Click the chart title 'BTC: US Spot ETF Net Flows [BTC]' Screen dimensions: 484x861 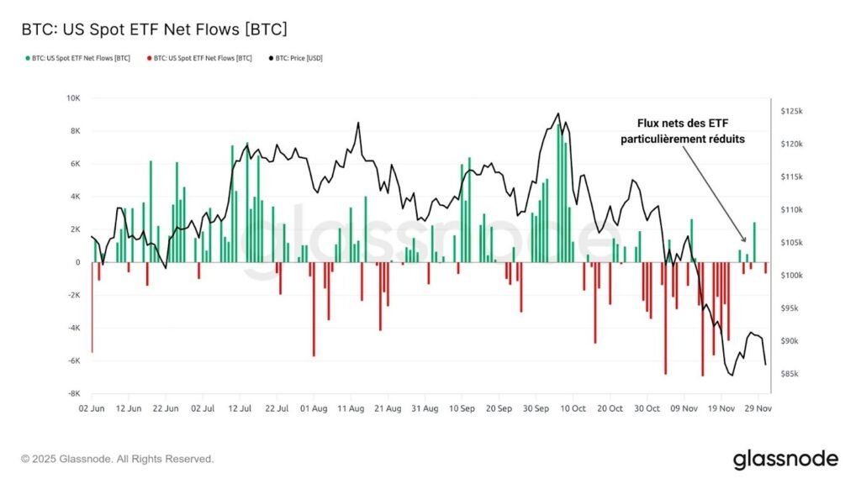(154, 30)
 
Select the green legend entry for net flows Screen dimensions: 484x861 (77, 59)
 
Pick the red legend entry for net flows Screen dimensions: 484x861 (198, 59)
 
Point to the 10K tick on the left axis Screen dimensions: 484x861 (73, 98)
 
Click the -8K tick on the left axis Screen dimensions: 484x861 (73, 393)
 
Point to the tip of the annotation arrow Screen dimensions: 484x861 (743, 242)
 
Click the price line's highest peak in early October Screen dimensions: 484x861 (557, 113)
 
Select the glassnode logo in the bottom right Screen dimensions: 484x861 (785, 459)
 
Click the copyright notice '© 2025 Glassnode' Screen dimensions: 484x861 (118, 460)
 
